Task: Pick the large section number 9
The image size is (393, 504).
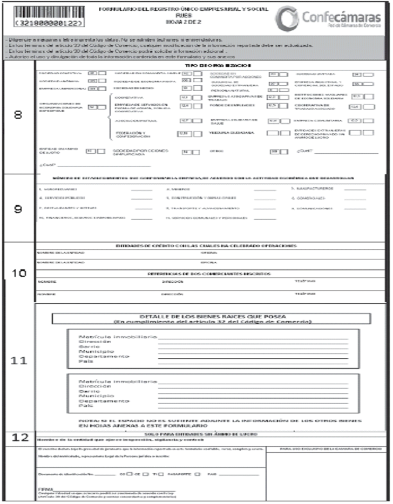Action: [18, 209]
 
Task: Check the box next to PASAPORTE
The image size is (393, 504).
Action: [198, 474]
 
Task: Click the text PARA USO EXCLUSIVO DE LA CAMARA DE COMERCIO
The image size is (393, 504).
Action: [328, 448]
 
